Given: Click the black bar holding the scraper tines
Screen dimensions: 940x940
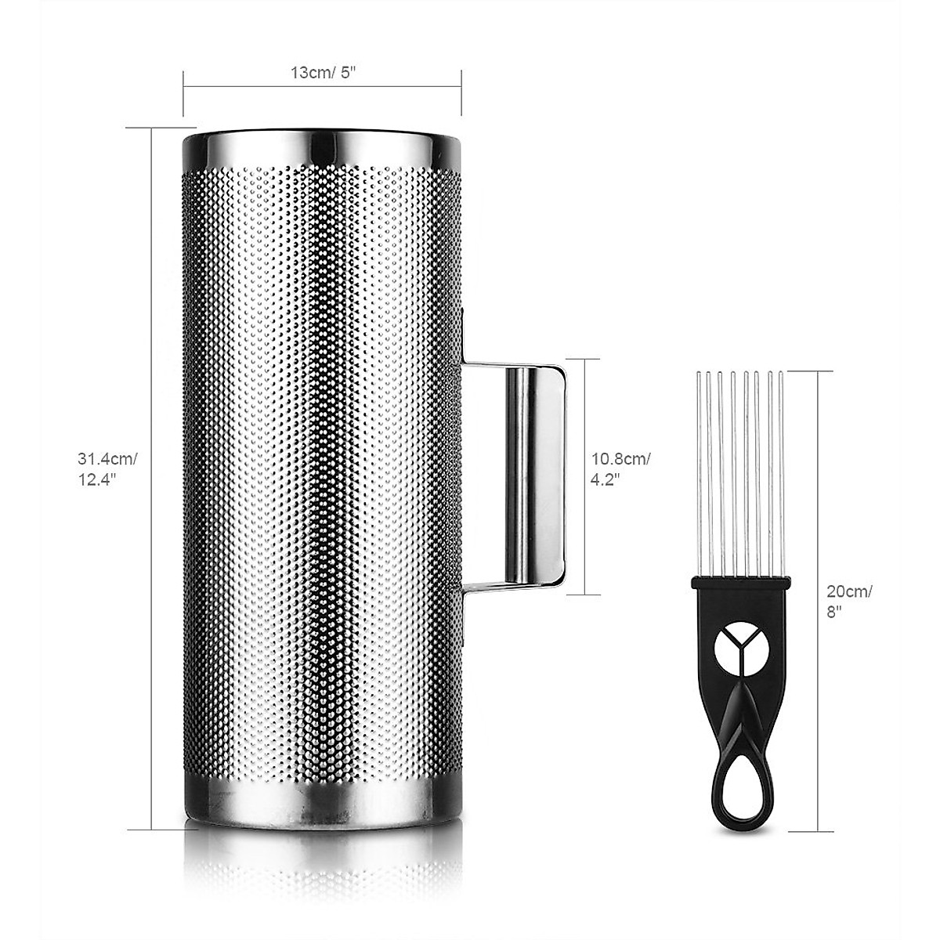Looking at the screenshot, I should coord(740,584).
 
